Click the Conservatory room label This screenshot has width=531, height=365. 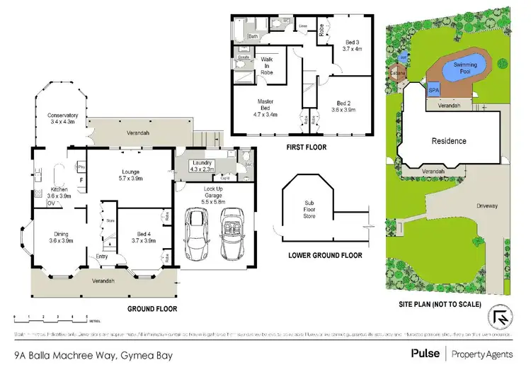(62, 119)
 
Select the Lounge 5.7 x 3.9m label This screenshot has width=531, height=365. (130, 175)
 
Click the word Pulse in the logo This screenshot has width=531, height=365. (424, 352)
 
